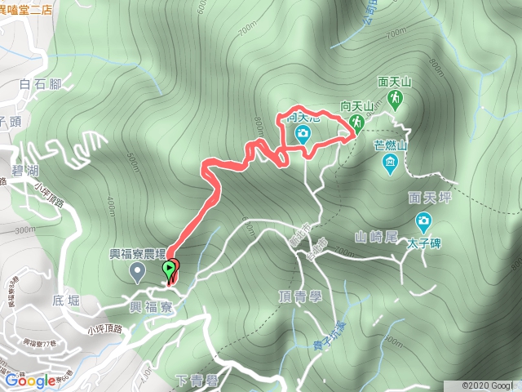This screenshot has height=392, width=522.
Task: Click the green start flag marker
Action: pos(170,269)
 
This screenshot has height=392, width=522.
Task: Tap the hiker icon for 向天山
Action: pos(356,122)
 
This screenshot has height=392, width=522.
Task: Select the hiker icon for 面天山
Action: pos(396,99)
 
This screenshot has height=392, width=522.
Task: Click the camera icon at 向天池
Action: pos(303,133)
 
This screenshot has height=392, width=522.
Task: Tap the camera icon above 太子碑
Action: pos(423,221)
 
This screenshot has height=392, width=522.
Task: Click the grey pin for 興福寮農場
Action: pos(137,270)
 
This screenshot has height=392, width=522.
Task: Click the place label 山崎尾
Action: pos(376,237)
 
